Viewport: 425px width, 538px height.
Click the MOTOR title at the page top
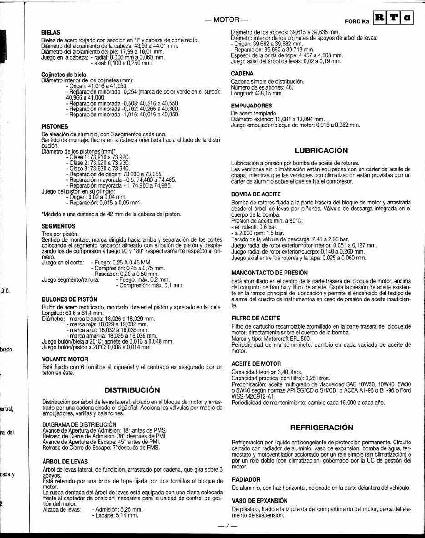pos(226,20)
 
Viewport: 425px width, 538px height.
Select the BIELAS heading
pos(50,33)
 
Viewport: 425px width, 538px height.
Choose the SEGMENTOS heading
pos(58,225)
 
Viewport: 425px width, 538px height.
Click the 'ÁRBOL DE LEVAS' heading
pos(65,462)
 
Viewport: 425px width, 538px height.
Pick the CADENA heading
pos(242,73)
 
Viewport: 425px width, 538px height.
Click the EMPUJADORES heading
pos(251,105)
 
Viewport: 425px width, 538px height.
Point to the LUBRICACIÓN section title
pos(321,150)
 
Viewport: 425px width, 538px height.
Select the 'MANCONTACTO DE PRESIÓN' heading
pos(270,272)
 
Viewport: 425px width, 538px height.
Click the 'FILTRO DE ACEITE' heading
pos(255,318)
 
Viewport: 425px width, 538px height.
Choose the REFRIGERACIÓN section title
pos(321,428)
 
